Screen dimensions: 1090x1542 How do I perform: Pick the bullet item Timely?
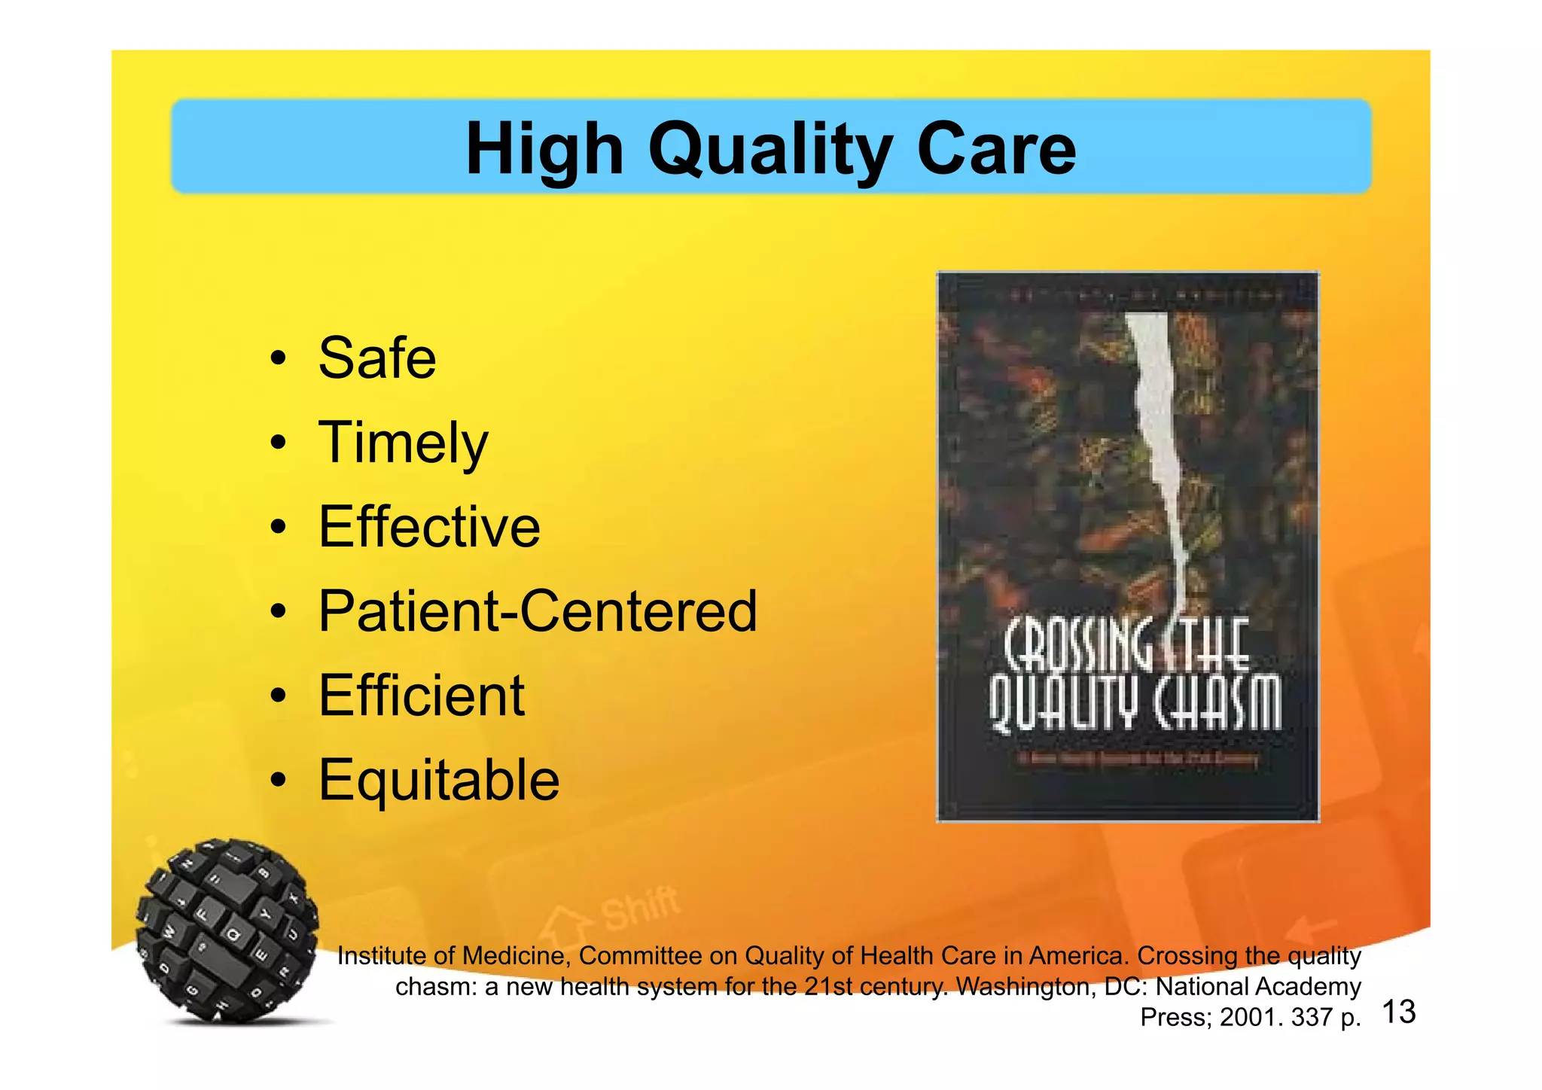403,443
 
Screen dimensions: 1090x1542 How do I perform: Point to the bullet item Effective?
429,526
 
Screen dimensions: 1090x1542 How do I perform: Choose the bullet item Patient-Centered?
538,610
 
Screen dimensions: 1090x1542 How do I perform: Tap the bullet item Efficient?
421,695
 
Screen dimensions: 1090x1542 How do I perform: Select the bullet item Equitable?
439,780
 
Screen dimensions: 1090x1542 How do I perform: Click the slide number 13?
1399,1012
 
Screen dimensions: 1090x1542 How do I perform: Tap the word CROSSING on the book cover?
1077,646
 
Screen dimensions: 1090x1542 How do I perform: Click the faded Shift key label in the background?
640,907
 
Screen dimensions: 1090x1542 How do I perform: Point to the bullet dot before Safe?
279,358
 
